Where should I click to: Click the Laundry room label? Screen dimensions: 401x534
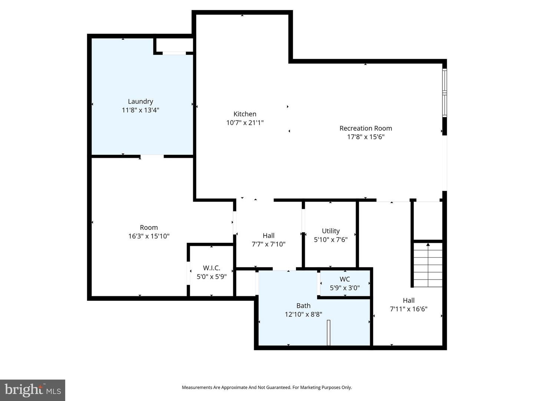(140, 101)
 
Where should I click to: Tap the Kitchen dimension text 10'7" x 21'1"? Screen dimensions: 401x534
(245, 123)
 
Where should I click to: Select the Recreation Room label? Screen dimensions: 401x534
(366, 128)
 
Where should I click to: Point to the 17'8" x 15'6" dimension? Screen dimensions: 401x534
(366, 137)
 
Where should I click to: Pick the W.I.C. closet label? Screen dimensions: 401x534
(211, 268)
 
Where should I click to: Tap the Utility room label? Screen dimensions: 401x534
(330, 231)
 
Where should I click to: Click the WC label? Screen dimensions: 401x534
(345, 279)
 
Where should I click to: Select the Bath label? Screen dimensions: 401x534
(303, 306)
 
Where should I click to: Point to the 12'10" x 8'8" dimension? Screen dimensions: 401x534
(303, 314)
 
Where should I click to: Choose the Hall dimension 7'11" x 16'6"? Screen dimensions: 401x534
(409, 309)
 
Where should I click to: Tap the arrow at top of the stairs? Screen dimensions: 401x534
(428, 244)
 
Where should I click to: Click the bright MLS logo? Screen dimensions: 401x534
(33, 390)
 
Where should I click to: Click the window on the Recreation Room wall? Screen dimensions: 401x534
(444, 93)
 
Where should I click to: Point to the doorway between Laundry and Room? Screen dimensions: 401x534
(152, 156)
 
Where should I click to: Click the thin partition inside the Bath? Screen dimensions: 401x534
(329, 333)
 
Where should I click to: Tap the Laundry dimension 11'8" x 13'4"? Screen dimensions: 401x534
(140, 110)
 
